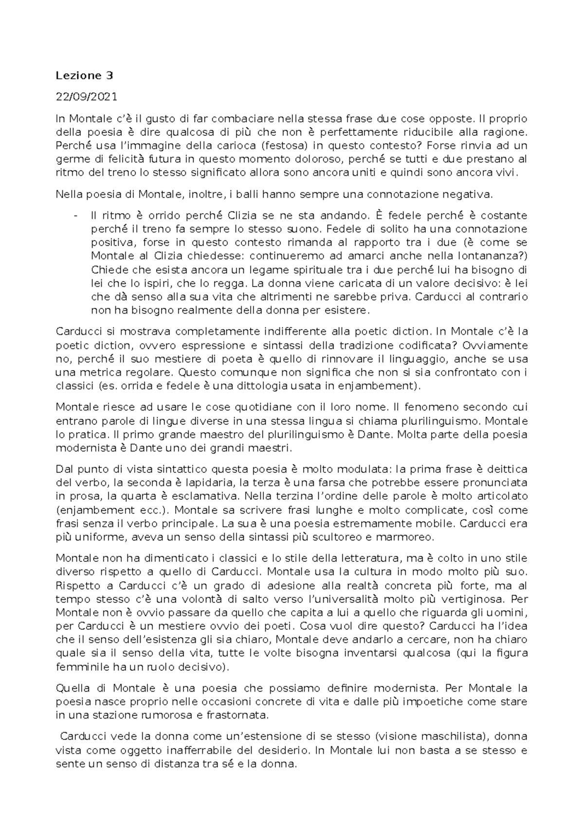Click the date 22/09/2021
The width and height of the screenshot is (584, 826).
point(87,96)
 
